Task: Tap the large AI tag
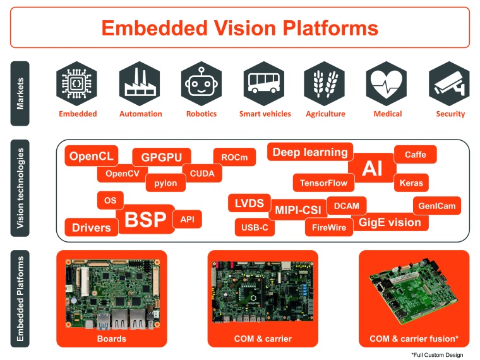(x=372, y=169)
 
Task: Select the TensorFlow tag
(x=323, y=183)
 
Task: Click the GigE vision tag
(x=390, y=222)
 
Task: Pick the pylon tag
(x=165, y=183)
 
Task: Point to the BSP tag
(x=145, y=220)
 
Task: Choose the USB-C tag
(x=255, y=227)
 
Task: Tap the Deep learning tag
(x=309, y=152)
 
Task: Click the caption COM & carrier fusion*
(x=414, y=339)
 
